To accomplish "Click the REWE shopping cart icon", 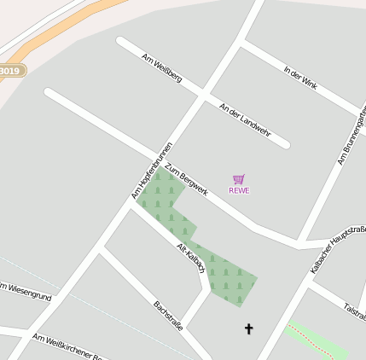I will (239, 179).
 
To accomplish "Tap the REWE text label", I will (239, 190).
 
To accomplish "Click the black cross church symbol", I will (249, 328).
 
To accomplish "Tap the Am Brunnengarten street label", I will (351, 142).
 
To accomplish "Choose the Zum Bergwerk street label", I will (187, 179).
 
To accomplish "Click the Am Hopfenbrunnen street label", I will (153, 171).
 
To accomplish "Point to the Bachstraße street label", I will (168, 316).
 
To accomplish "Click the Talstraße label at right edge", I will (354, 310).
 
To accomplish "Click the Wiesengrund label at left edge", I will (26, 293).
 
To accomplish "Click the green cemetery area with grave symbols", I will (226, 277).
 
